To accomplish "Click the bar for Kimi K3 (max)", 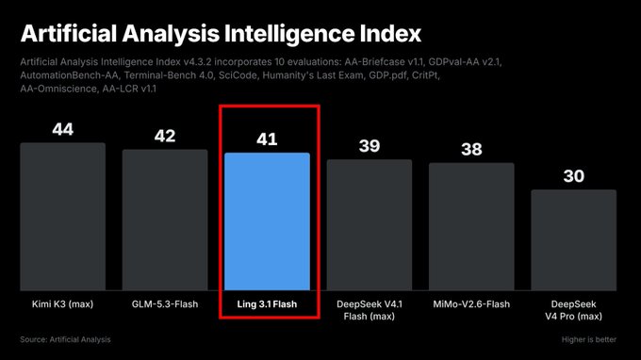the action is click(62, 217).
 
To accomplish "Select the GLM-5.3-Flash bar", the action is click(165, 220).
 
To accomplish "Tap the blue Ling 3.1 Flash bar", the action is click(267, 221).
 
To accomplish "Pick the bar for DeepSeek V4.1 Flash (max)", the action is click(370, 224).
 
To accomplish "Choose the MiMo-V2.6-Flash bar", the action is click(471, 227).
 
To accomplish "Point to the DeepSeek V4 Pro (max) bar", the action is click(573, 240).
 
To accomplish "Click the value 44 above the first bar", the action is click(62, 129).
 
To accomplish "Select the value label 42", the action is click(165, 136).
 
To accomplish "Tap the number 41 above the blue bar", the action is click(267, 139).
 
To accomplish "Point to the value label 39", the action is click(370, 146).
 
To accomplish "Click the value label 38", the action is click(471, 150).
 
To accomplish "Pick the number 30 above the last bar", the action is click(574, 176).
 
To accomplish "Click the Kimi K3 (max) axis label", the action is click(62, 304).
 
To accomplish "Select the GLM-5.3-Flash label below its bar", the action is click(165, 304).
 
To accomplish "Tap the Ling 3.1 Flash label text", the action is click(267, 304).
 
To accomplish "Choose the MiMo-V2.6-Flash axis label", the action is click(471, 304).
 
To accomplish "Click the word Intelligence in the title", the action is click(289, 34).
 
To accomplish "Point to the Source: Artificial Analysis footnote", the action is click(65, 339).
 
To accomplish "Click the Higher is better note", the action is click(588, 339).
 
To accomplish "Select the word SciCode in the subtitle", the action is click(238, 75).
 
